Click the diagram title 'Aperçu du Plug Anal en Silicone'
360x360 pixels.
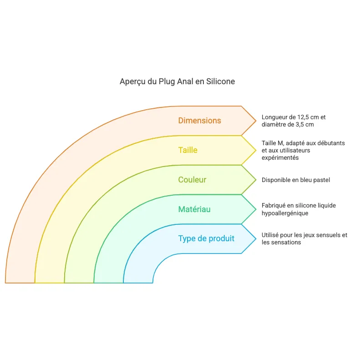point(177,81)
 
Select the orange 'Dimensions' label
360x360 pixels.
point(199,121)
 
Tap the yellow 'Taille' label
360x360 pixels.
point(188,150)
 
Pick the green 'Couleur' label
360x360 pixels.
point(192,180)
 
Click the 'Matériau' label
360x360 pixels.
point(194,209)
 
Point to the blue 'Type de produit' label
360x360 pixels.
point(206,238)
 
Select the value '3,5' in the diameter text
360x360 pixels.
point(296,124)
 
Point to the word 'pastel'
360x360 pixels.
point(322,180)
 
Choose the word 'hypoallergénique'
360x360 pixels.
point(285,213)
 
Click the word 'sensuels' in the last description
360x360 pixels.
point(325,235)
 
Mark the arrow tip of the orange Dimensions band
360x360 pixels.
point(255,121)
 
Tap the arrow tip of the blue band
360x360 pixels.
point(255,238)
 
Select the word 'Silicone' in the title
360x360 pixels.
point(221,81)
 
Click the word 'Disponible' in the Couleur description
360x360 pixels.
point(276,180)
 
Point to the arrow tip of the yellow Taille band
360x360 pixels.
point(255,150)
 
